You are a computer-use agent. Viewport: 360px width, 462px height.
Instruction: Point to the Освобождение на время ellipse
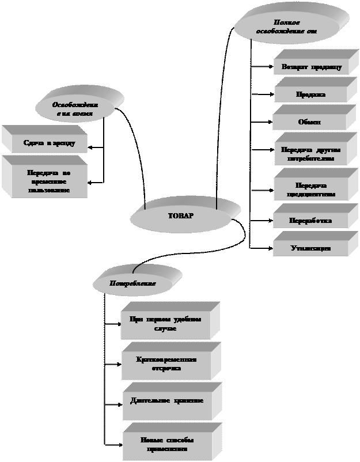coord(75,109)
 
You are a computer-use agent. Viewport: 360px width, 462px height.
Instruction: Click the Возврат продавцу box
coord(311,67)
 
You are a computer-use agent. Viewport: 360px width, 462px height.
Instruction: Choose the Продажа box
coord(311,94)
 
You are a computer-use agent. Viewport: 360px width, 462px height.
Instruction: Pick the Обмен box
coord(309,122)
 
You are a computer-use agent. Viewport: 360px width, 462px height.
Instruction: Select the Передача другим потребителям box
coord(311,154)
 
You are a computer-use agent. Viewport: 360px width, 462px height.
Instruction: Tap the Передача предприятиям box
coord(311,190)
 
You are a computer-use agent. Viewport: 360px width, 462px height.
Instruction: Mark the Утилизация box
coord(310,248)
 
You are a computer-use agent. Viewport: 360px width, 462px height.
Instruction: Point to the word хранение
coord(187,400)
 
